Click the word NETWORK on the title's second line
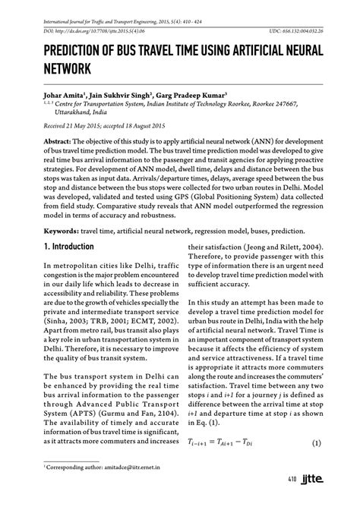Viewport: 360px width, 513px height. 57,68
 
